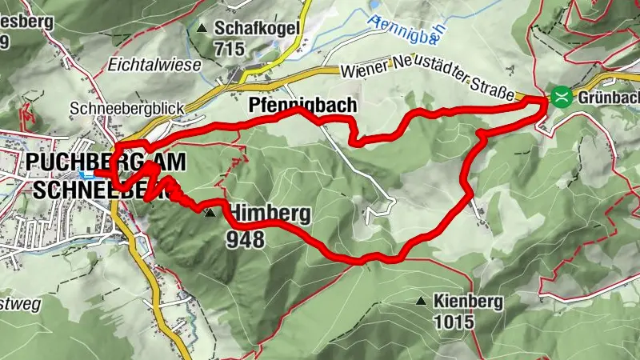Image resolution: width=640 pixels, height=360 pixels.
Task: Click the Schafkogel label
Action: pyautogui.click(x=256, y=28)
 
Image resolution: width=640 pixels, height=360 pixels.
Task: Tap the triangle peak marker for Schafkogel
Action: pyautogui.click(x=201, y=29)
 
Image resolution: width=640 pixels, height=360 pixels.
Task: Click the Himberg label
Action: pyautogui.click(x=258, y=214)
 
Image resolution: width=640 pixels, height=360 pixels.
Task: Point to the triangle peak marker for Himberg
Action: pyautogui.click(x=210, y=214)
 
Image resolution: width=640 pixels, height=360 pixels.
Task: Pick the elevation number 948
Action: pyautogui.click(x=245, y=238)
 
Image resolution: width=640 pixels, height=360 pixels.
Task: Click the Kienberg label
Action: pyautogui.click(x=467, y=302)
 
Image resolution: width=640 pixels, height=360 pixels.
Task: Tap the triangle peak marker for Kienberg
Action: pyautogui.click(x=421, y=302)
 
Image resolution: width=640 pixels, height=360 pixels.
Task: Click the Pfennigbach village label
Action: pyautogui.click(x=302, y=106)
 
